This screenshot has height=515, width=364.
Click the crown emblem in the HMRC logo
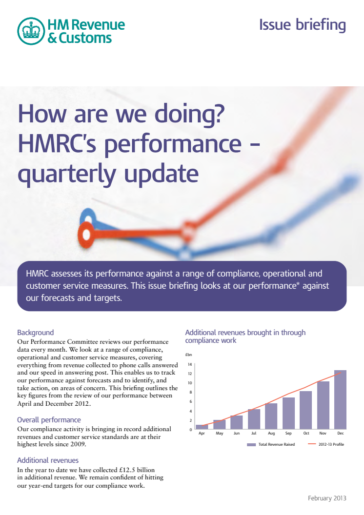tap(31, 31)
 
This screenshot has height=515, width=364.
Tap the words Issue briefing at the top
tap(303, 25)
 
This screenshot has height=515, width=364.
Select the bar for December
tap(341, 400)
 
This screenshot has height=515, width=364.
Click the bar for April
tap(202, 427)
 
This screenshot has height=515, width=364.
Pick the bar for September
tap(288, 413)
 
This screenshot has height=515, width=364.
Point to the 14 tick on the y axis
tap(190, 364)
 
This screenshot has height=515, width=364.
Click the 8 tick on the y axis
tap(191, 392)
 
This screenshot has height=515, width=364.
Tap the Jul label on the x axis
tap(254, 433)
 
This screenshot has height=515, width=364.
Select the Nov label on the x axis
tap(323, 433)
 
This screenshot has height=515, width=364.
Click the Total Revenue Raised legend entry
tap(271, 444)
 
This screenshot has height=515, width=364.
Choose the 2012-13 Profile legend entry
tap(326, 444)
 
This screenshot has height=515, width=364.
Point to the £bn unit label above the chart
tap(188, 355)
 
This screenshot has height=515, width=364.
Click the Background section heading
tap(36, 333)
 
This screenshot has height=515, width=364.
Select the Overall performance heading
tap(49, 420)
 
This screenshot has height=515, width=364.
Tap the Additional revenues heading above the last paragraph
tap(48, 460)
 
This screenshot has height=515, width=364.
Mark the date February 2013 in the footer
tap(327, 498)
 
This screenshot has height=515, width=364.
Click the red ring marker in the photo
tap(86, 235)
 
